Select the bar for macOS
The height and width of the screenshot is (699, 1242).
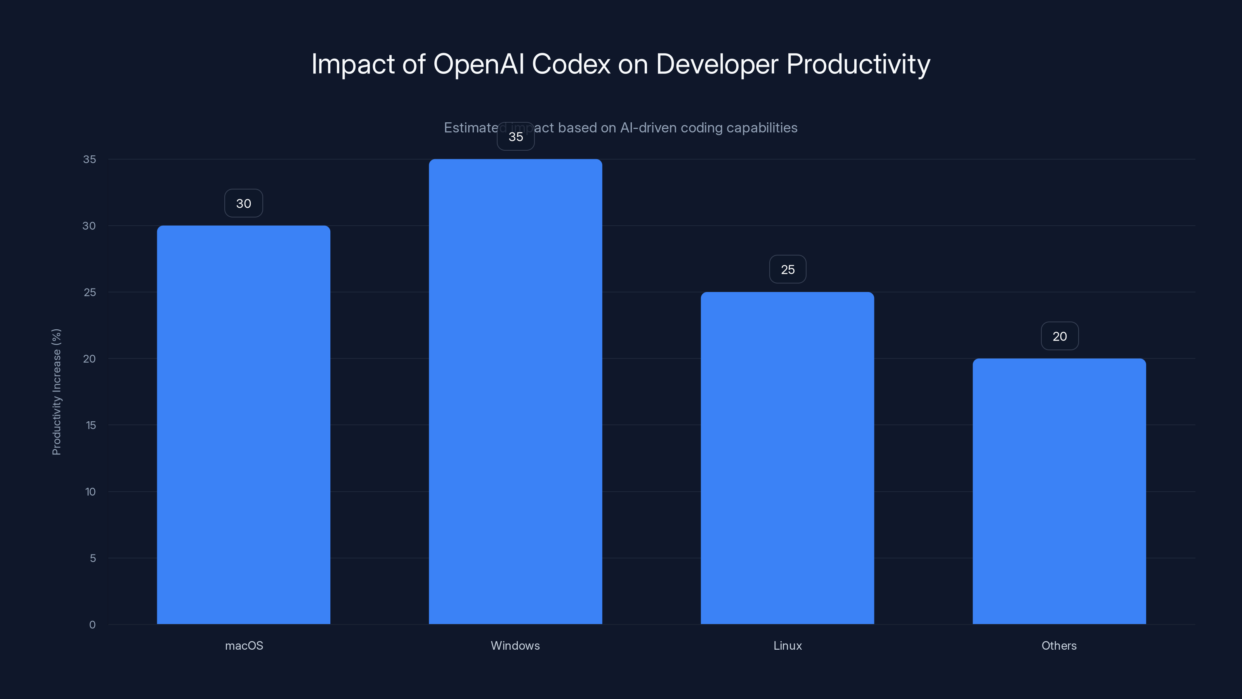(x=243, y=424)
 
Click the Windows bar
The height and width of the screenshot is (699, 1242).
(x=515, y=391)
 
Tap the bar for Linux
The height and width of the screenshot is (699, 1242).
(x=788, y=458)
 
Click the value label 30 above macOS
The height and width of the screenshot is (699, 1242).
(x=243, y=203)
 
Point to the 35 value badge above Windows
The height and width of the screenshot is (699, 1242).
(x=515, y=137)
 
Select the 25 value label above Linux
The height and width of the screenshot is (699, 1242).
(x=788, y=269)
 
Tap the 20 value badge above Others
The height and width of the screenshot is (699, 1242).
(x=1059, y=336)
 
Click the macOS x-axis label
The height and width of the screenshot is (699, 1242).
(x=244, y=645)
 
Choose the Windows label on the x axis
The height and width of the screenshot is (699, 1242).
(x=515, y=645)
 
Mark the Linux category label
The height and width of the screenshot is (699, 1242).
(x=788, y=645)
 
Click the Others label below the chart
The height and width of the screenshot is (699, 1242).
(x=1059, y=645)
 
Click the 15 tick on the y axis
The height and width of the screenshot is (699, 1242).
(x=91, y=425)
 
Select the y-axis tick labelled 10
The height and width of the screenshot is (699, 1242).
(x=90, y=492)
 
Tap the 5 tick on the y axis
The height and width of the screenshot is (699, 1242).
(x=93, y=558)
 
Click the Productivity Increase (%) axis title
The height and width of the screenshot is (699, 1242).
(x=56, y=392)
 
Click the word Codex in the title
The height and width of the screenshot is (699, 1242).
(x=571, y=64)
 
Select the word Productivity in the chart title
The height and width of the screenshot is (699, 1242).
(x=858, y=64)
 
